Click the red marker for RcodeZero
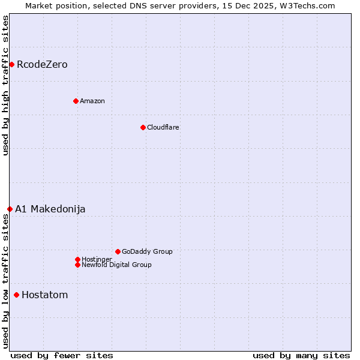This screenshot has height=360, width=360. pos(11,64)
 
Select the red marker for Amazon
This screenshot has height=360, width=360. pos(76,101)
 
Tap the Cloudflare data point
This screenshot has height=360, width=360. pos(143,127)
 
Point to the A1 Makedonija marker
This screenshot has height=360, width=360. pos(10,209)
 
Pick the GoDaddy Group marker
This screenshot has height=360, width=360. pos(118,251)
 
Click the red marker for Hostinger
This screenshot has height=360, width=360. pos(77,259)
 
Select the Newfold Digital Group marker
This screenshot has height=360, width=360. pos(77,265)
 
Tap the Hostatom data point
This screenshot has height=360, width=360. pos(16,295)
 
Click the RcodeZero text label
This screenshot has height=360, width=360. pos(42,64)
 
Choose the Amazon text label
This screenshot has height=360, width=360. pos(92,101)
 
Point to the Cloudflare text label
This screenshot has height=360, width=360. pos(163,127)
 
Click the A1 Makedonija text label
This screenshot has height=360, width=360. pos(50,209)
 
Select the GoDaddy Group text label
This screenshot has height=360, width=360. pos(147,251)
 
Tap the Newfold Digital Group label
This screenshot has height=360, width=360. pos(116,265)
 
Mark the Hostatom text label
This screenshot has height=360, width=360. pos(45,295)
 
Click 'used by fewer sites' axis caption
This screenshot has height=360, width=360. pos(62,355)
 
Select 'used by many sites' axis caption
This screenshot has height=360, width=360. pos(301,355)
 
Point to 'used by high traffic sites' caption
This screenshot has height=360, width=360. pos(5,85)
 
